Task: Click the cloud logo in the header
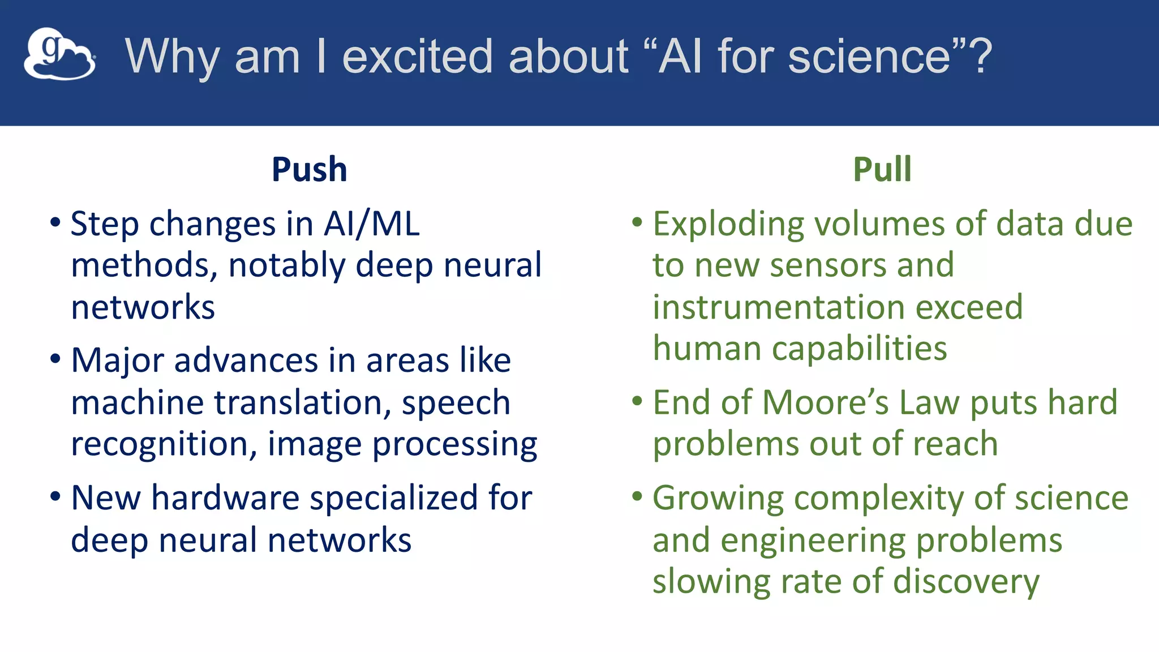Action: [x=59, y=54]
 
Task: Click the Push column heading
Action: [x=309, y=169]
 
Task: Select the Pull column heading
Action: [x=882, y=169]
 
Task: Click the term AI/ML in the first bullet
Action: [x=371, y=224]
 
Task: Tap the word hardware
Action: [x=225, y=499]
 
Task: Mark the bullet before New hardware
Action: [x=55, y=497]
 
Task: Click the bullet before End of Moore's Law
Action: [x=637, y=401]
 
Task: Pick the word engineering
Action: [x=813, y=541]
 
